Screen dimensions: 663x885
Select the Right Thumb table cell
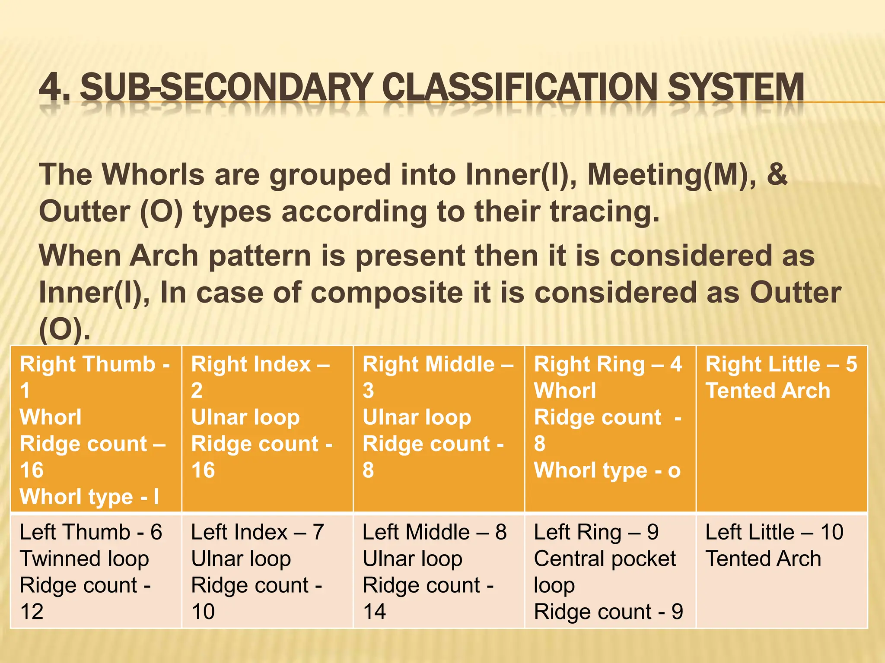click(x=96, y=429)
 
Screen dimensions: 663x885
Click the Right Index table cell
click(x=267, y=429)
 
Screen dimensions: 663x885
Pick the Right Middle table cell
click(x=439, y=429)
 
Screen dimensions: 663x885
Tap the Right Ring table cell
click(x=610, y=429)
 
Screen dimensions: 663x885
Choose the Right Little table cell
click(x=781, y=429)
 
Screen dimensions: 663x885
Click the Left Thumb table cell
click(x=96, y=571)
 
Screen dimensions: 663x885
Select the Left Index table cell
click(x=267, y=571)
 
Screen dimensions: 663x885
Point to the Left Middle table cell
click(x=439, y=571)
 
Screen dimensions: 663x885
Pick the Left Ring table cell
click(x=610, y=571)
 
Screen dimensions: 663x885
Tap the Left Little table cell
click(x=781, y=571)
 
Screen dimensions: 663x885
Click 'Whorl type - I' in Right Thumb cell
click(x=89, y=497)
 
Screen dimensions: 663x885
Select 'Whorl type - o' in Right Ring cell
click(x=607, y=470)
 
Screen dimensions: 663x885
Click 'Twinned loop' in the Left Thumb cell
click(x=84, y=559)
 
